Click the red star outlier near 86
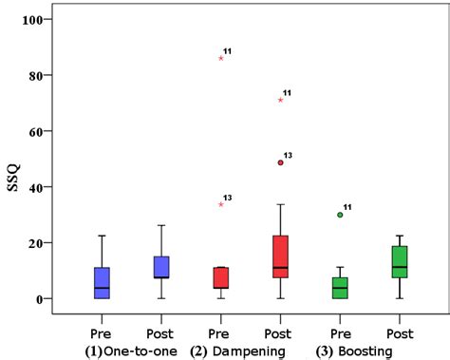click(221, 58)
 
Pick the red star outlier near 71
click(281, 100)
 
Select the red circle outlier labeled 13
click(281, 162)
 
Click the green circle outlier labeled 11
click(340, 215)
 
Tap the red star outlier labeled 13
click(221, 204)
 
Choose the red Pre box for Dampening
click(221, 277)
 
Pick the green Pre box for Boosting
click(340, 288)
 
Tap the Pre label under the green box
click(340, 333)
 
